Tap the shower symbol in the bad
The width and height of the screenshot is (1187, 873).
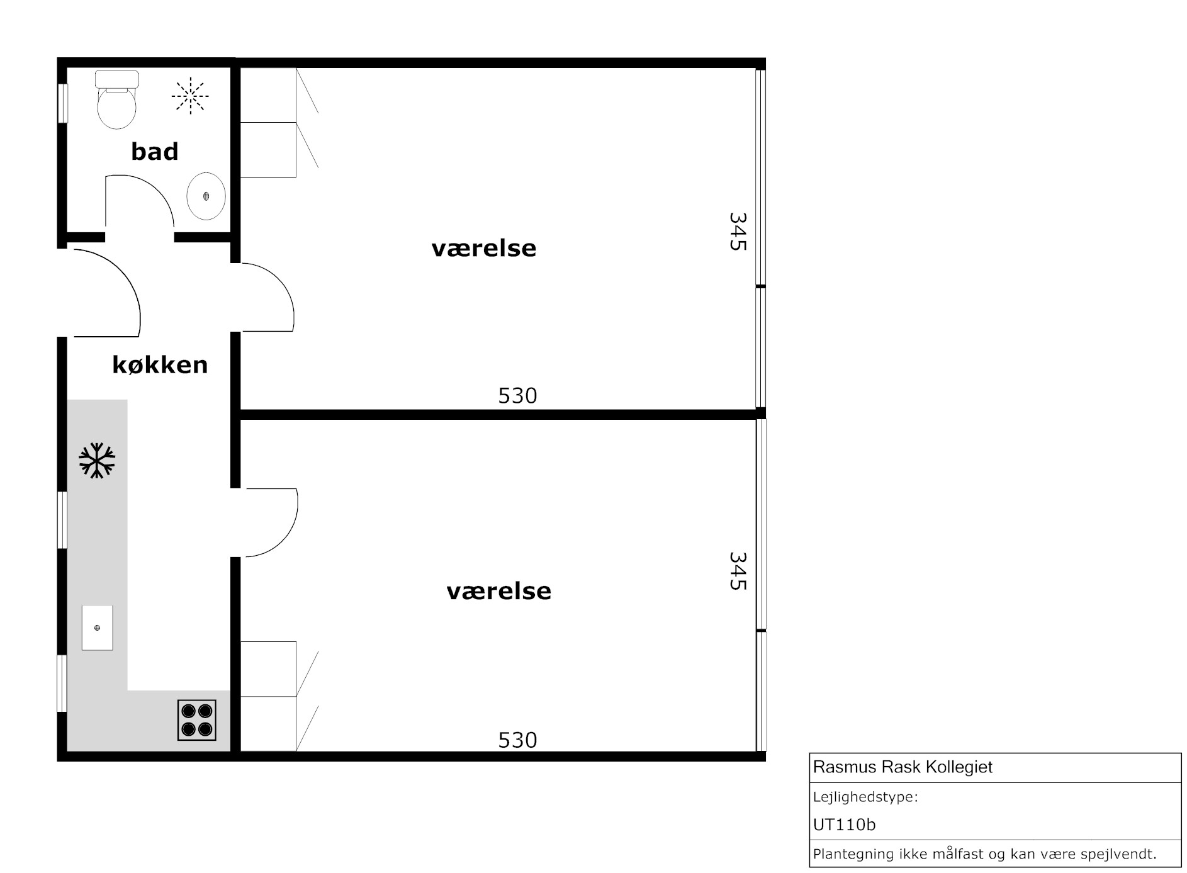pos(190,96)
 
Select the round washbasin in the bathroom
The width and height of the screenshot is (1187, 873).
pos(206,196)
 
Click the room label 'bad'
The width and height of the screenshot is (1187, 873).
pos(155,151)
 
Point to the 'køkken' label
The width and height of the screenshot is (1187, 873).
pos(160,364)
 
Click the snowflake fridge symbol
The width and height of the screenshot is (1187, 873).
pos(97,460)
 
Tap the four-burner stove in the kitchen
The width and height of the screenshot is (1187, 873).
pos(197,720)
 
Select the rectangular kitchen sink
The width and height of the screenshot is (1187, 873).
pos(98,628)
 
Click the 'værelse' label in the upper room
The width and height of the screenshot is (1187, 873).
pos(483,249)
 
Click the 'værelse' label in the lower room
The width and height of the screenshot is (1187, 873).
pos(498,592)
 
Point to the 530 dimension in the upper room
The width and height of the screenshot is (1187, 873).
pos(517,396)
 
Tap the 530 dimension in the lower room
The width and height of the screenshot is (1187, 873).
pos(517,740)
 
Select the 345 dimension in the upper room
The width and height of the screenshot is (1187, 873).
pos(738,232)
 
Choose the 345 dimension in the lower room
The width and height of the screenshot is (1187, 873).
pos(738,571)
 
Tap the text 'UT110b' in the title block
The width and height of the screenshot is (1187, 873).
pos(844,825)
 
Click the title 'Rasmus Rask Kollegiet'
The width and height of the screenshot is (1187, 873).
pos(903,767)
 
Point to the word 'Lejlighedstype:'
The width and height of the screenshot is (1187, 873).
pos(865,797)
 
